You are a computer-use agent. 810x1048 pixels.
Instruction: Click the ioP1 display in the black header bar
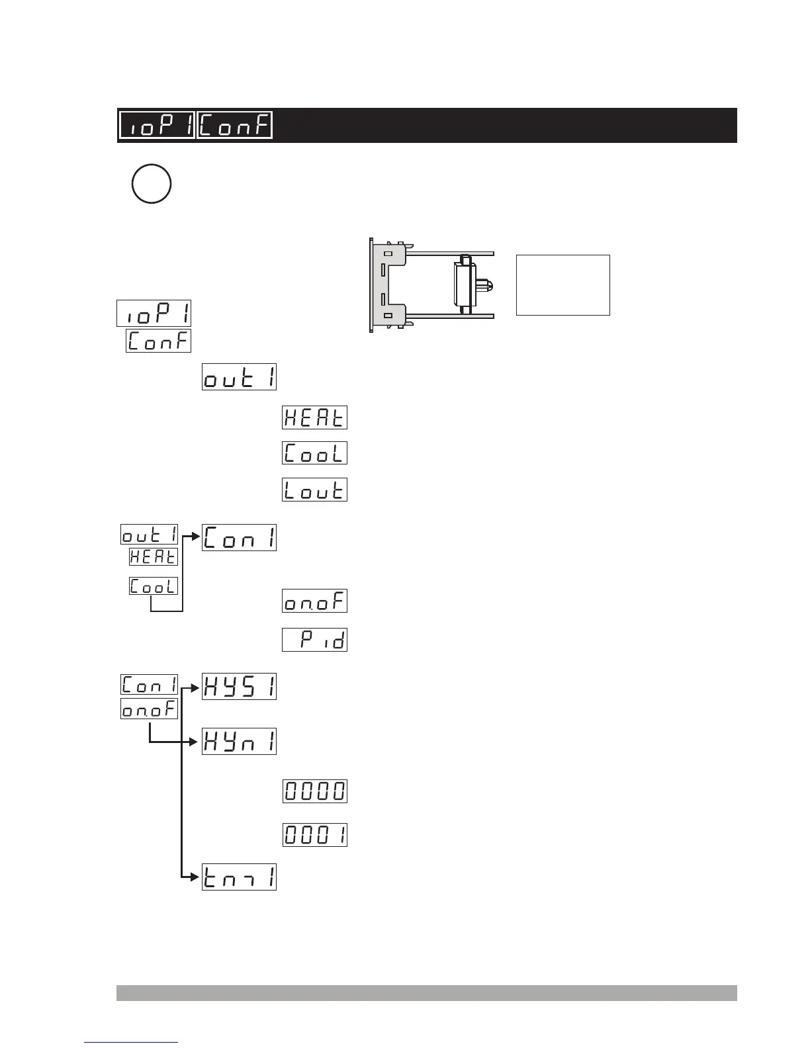click(157, 125)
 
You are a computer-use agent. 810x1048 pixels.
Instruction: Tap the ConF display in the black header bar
click(235, 125)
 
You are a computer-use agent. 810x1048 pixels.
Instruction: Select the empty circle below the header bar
click(152, 183)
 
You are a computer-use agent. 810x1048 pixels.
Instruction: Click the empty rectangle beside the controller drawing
click(562, 285)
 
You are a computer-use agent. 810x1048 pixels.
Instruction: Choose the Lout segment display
click(314, 490)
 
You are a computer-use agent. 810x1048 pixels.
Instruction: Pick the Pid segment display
click(314, 640)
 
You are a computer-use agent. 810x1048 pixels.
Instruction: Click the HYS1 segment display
click(239, 687)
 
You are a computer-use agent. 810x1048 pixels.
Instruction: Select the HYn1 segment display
click(239, 742)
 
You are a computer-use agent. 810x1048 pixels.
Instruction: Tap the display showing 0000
click(315, 791)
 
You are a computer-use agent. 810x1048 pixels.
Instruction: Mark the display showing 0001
click(315, 835)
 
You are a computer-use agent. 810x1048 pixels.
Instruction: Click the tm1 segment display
click(239, 877)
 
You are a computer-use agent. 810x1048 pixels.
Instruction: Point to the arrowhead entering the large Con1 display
click(197, 537)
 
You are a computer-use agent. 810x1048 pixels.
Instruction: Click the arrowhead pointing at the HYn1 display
click(197, 742)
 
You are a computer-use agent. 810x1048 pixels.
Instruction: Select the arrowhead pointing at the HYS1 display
click(197, 687)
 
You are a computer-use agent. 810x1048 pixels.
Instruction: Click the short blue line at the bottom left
click(131, 1043)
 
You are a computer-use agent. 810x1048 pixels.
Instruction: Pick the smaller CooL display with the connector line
click(154, 586)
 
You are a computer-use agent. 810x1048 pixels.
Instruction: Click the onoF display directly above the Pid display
click(314, 601)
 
